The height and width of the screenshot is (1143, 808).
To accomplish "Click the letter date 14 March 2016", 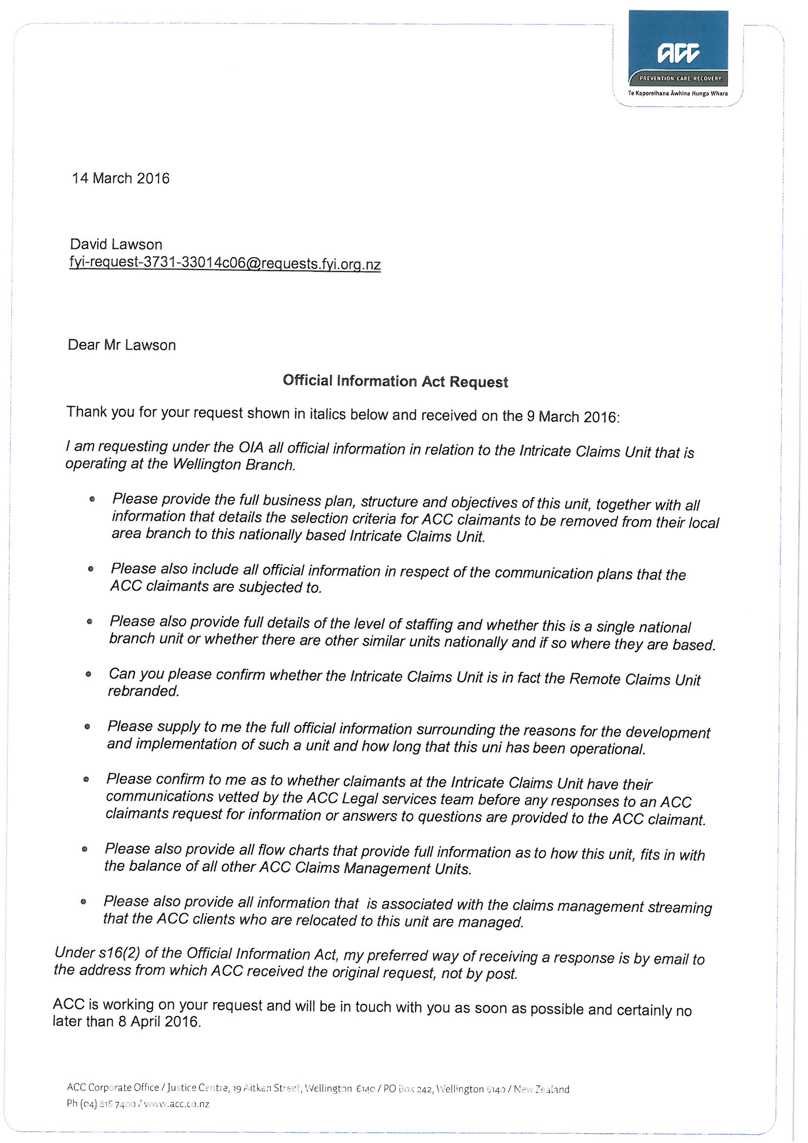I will (120, 178).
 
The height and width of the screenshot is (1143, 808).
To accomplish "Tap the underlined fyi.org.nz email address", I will (225, 264).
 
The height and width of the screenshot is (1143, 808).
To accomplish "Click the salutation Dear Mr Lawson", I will (122, 345).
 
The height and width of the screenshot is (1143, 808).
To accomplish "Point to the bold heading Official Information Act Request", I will (395, 381).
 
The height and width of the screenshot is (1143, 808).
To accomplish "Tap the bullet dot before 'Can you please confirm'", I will (88, 674).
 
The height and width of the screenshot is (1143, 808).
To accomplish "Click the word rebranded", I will (143, 691).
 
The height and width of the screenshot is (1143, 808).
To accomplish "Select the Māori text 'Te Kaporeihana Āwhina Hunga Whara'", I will (677, 93).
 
